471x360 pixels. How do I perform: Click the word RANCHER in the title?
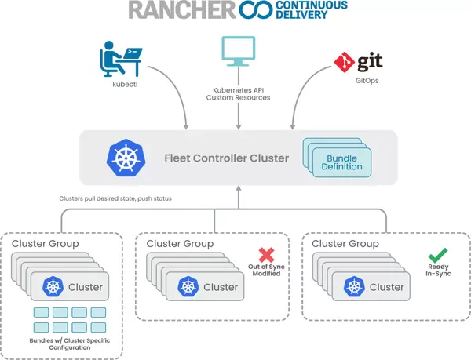point(170,12)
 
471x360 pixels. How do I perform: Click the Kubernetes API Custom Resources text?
point(237,93)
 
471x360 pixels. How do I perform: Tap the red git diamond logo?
point(342,59)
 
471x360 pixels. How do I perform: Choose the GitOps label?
point(355,81)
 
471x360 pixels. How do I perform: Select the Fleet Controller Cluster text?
point(227,158)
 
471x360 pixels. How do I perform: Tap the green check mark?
point(436,255)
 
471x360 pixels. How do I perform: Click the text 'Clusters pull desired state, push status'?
point(115,198)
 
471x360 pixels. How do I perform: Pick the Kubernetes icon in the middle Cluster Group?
point(188,287)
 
